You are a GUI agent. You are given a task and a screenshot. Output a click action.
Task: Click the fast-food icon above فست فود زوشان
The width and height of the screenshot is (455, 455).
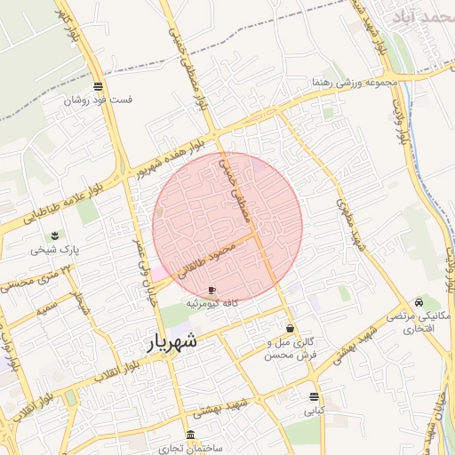click(96, 85)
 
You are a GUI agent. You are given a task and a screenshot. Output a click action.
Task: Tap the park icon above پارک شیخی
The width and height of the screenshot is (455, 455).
click(55, 235)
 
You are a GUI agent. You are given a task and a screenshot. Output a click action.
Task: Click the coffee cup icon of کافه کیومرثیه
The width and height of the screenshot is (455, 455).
click(211, 290)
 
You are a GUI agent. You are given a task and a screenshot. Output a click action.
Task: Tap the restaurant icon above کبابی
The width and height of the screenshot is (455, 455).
click(315, 396)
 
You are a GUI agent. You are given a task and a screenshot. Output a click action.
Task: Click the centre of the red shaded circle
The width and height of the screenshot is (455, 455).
click(227, 227)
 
